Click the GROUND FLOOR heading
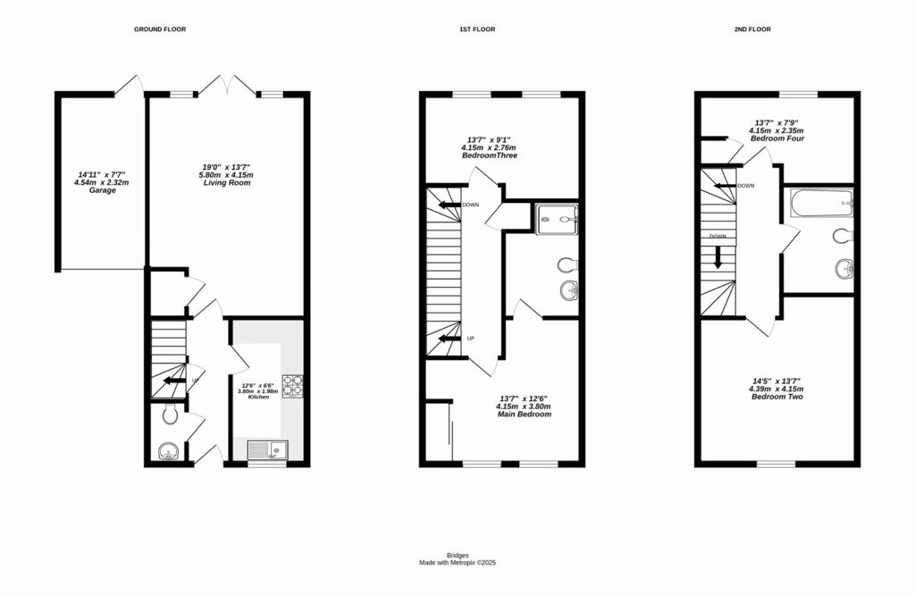[x=160, y=29]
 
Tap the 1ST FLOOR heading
[x=471, y=29]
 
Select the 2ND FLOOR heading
[x=752, y=29]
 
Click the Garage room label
[x=102, y=190]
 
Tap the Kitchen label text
[x=264, y=397]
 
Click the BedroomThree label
[x=489, y=155]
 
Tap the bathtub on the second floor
[x=820, y=205]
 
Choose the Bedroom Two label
[x=776, y=396]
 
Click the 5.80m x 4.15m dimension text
[x=226, y=174]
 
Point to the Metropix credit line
[x=457, y=563]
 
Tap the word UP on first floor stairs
[x=470, y=339]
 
